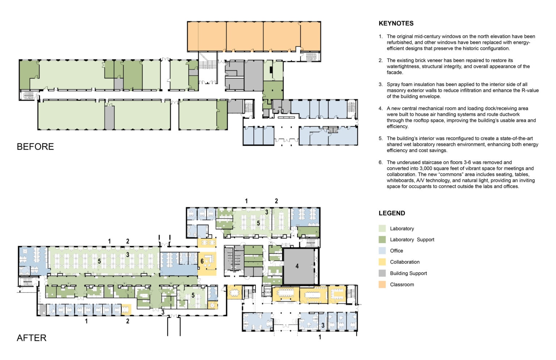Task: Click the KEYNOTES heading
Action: pos(396,23)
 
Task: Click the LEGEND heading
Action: pos(392,213)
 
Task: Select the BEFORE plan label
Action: pos(35,146)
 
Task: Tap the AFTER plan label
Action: pos(31,338)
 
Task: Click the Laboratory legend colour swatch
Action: pos(382,229)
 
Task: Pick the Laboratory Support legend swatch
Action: pos(382,240)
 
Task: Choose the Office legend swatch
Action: pos(382,251)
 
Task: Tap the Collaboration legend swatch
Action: pos(382,262)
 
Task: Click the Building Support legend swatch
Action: pos(382,273)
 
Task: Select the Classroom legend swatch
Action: pos(382,285)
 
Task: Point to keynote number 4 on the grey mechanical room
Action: pos(297,266)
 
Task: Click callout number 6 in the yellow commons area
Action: pos(202,261)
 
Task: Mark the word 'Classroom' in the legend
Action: pos(402,285)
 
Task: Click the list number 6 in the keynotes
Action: pos(380,162)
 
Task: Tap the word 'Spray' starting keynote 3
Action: pos(392,84)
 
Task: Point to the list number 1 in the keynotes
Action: pos(380,37)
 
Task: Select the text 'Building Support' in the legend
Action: pos(408,273)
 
